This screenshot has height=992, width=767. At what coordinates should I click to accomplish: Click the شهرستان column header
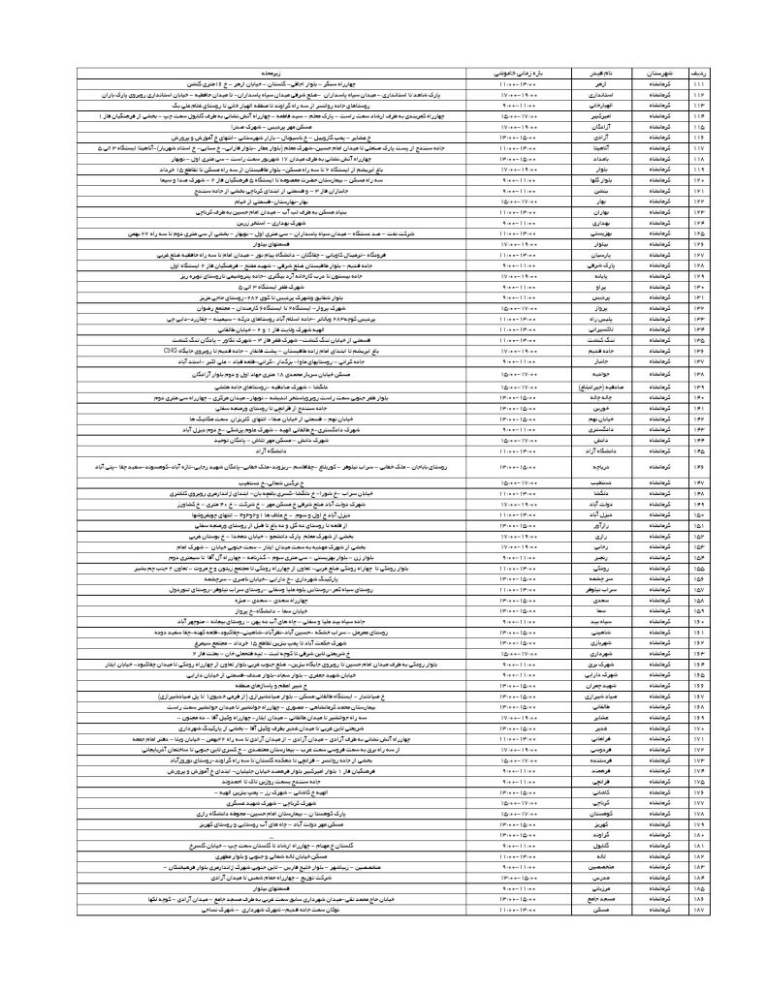(654, 73)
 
